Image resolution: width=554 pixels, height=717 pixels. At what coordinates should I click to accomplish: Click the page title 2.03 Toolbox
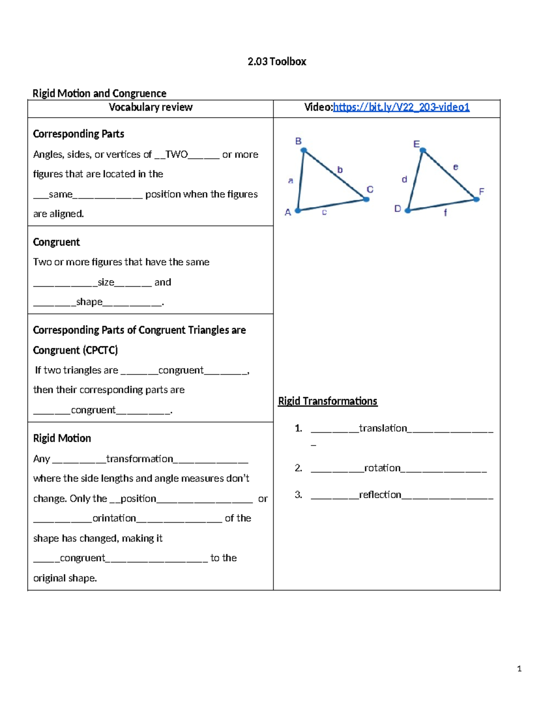point(277,61)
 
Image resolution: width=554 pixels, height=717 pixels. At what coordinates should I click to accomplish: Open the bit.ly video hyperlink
point(401,107)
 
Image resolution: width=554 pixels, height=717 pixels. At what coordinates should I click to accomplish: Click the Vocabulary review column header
point(151,107)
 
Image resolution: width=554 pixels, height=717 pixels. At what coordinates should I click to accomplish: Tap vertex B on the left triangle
point(304,150)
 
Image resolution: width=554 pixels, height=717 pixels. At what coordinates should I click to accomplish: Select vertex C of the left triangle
point(366,199)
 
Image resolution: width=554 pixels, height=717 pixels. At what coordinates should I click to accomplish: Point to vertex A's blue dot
point(298,211)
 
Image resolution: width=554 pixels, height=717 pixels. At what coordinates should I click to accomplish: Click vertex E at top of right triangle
point(422,150)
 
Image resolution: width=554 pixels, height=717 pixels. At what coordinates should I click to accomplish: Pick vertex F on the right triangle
point(476,199)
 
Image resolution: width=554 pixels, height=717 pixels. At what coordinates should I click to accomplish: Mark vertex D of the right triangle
point(408,211)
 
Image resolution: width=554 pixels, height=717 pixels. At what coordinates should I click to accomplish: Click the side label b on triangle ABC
point(340,170)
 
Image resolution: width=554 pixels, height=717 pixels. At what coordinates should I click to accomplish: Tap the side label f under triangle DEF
point(445,213)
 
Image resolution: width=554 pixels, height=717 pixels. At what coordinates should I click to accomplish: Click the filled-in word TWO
point(176,155)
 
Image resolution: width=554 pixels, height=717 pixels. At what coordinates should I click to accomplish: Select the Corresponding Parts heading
point(78,134)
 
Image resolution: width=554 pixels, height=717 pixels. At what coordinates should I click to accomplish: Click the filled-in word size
point(106,282)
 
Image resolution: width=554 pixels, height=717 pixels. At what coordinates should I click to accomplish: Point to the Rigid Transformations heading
point(327,401)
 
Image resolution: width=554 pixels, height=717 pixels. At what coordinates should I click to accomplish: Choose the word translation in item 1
point(383,428)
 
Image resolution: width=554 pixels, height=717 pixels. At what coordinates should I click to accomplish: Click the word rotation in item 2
point(382,468)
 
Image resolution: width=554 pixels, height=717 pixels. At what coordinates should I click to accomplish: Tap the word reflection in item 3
point(380,495)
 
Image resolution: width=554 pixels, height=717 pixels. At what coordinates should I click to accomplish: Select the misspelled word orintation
point(114,518)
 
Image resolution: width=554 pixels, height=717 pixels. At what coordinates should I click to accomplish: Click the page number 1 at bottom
point(519,669)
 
